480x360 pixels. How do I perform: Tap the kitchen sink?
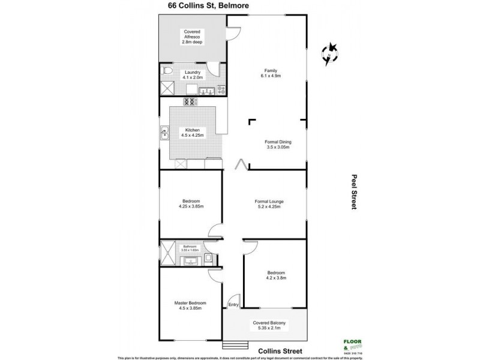point(164,133)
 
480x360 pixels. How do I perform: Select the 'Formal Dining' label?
point(277,142)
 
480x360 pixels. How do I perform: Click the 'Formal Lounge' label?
point(268,201)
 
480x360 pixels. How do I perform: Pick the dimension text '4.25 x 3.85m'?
point(191,206)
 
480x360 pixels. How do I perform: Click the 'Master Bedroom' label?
point(190,303)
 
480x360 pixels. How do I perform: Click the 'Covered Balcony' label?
point(269,323)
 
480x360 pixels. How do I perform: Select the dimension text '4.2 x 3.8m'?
point(276,277)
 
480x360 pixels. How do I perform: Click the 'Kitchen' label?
point(192,130)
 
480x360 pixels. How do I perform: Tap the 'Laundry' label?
point(193,72)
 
